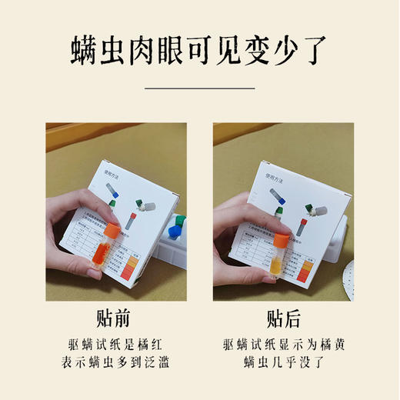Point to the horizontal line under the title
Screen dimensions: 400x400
point(199,88)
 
